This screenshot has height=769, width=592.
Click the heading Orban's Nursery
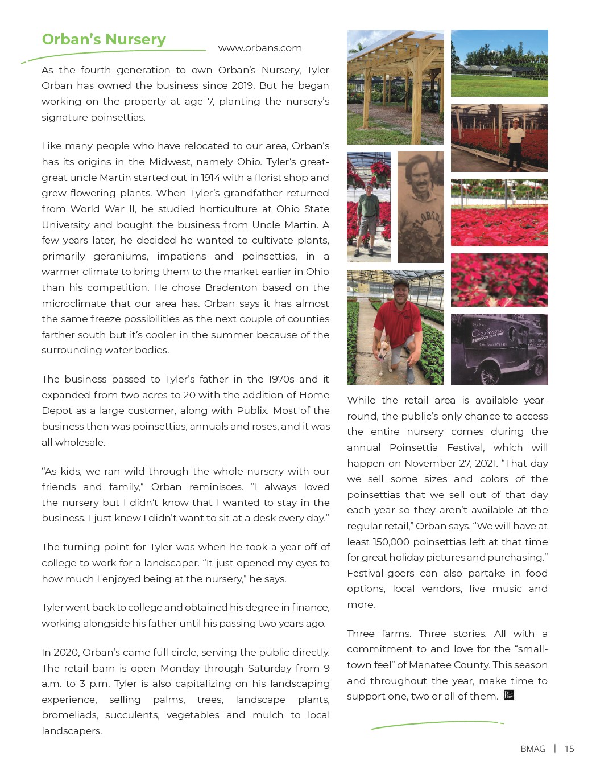pos(104,39)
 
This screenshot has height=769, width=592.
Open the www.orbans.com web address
pos(260,48)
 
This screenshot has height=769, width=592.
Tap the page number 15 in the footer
pos(569,749)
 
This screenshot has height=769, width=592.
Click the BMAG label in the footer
pos(533,749)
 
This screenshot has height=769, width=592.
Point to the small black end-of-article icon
pos(509,695)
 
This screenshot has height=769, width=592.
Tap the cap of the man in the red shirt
pos(401,282)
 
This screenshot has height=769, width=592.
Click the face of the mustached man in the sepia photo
pos(419,182)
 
